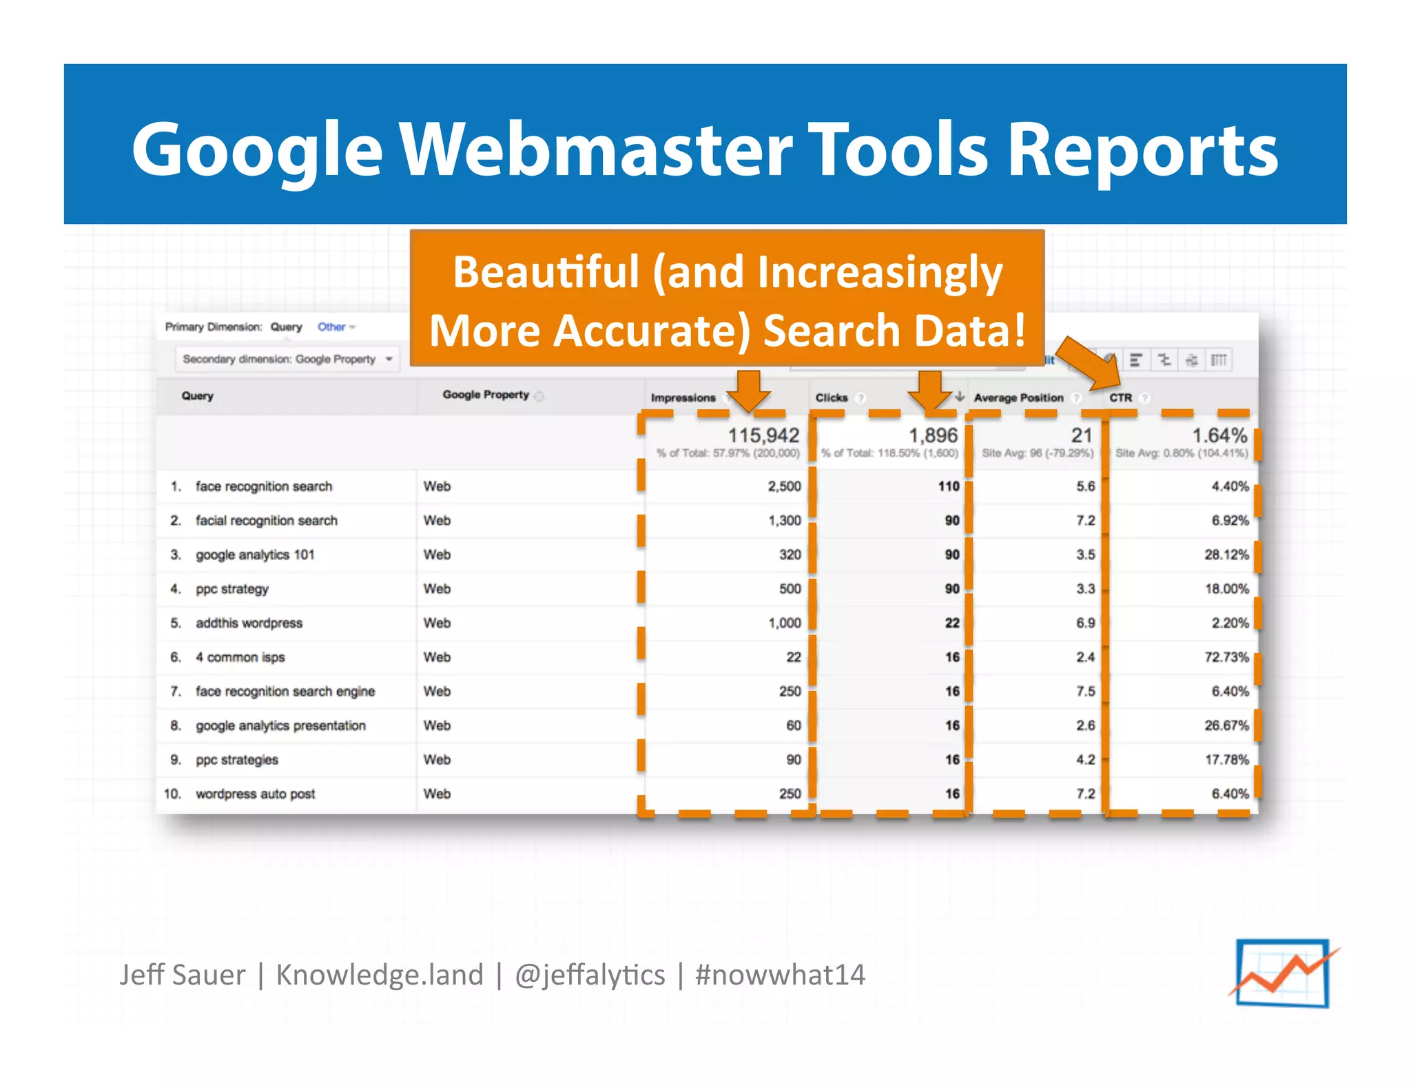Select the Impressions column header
click(x=683, y=398)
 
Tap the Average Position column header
click(x=1018, y=398)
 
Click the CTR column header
click(x=1120, y=398)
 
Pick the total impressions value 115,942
click(x=763, y=435)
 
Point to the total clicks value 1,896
click(x=933, y=435)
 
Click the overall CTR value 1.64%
click(x=1219, y=435)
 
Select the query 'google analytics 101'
click(x=255, y=555)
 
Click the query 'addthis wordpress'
click(x=249, y=623)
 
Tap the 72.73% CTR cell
click(x=1226, y=657)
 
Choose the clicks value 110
click(x=948, y=486)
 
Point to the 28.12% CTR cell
click(x=1226, y=555)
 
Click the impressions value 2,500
click(x=784, y=486)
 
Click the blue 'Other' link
click(x=331, y=327)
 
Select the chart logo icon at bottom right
click(x=1283, y=973)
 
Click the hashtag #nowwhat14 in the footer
click(x=780, y=975)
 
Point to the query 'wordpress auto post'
click(x=255, y=794)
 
